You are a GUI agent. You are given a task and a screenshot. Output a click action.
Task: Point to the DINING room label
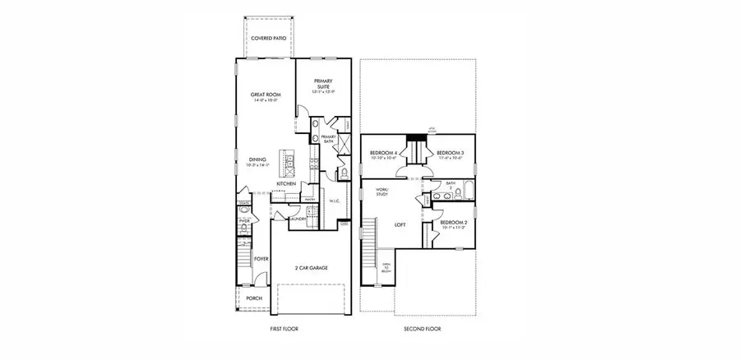click(257, 161)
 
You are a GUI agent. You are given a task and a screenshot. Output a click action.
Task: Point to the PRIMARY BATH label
click(328, 139)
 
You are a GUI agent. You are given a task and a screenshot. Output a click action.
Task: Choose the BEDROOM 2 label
click(453, 224)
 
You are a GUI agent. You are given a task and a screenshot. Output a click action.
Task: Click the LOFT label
click(400, 224)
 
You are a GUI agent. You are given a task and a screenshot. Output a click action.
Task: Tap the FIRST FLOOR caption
click(283, 329)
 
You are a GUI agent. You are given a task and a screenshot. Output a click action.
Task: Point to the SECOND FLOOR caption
click(422, 329)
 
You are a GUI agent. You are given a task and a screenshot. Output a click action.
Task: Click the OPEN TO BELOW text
click(386, 269)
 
